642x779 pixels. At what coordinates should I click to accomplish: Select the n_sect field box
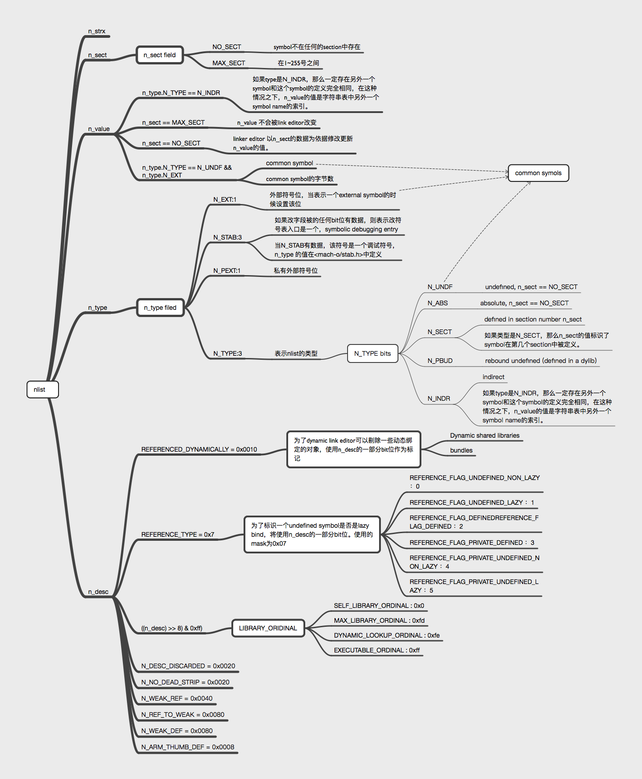click(160, 55)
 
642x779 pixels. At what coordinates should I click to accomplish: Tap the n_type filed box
click(160, 308)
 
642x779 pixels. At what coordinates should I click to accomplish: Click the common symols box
click(538, 173)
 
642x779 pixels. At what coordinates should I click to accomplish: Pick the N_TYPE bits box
click(372, 353)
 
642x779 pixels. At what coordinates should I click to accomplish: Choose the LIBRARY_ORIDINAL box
click(268, 628)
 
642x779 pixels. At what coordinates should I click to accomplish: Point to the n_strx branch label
click(97, 32)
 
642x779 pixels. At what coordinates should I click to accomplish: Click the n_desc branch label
click(98, 592)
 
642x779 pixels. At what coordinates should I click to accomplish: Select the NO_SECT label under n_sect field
click(226, 47)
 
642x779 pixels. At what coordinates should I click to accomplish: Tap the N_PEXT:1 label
click(226, 271)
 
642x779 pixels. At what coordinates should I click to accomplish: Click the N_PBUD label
click(440, 361)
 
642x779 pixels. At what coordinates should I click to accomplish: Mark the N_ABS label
click(438, 303)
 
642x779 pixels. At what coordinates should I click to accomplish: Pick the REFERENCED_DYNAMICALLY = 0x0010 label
click(199, 449)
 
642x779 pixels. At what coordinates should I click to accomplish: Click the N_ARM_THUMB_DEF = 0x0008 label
click(188, 747)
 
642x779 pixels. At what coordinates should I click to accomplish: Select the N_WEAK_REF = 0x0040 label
click(177, 698)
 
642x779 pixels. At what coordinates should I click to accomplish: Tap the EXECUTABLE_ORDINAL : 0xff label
click(376, 650)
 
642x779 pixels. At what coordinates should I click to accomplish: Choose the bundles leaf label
click(461, 450)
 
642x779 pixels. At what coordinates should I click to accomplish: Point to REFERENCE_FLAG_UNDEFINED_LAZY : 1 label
click(471, 503)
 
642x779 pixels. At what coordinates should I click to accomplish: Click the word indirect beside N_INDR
click(493, 377)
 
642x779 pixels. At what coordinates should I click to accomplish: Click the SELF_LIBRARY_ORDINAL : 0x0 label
click(379, 606)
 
